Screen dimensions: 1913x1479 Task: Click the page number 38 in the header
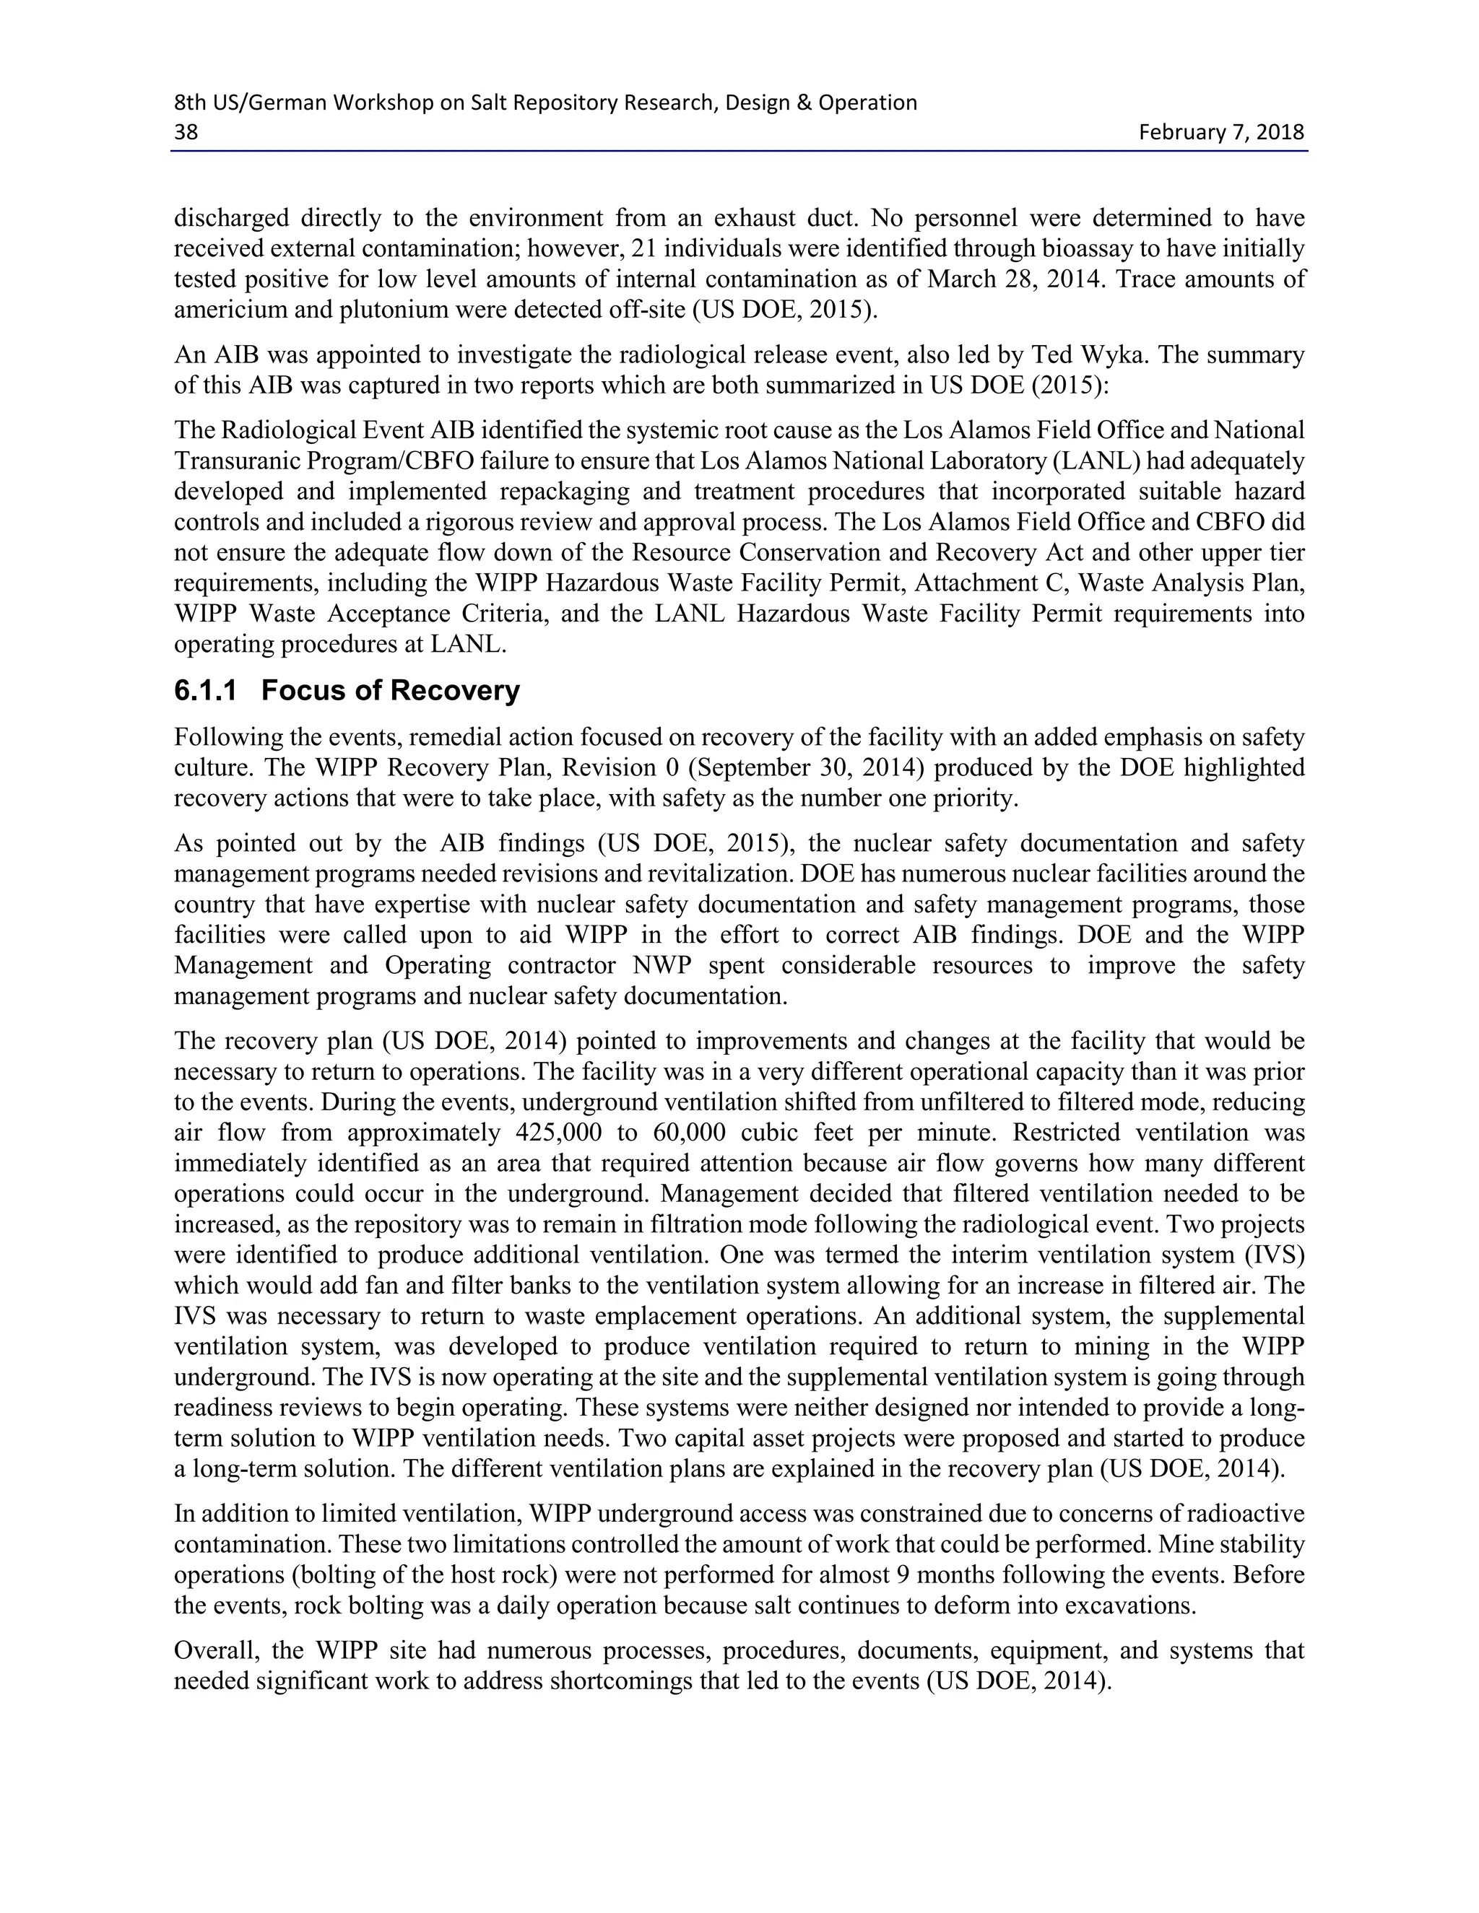[x=186, y=132]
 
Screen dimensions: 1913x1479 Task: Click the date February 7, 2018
[x=1220, y=132]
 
